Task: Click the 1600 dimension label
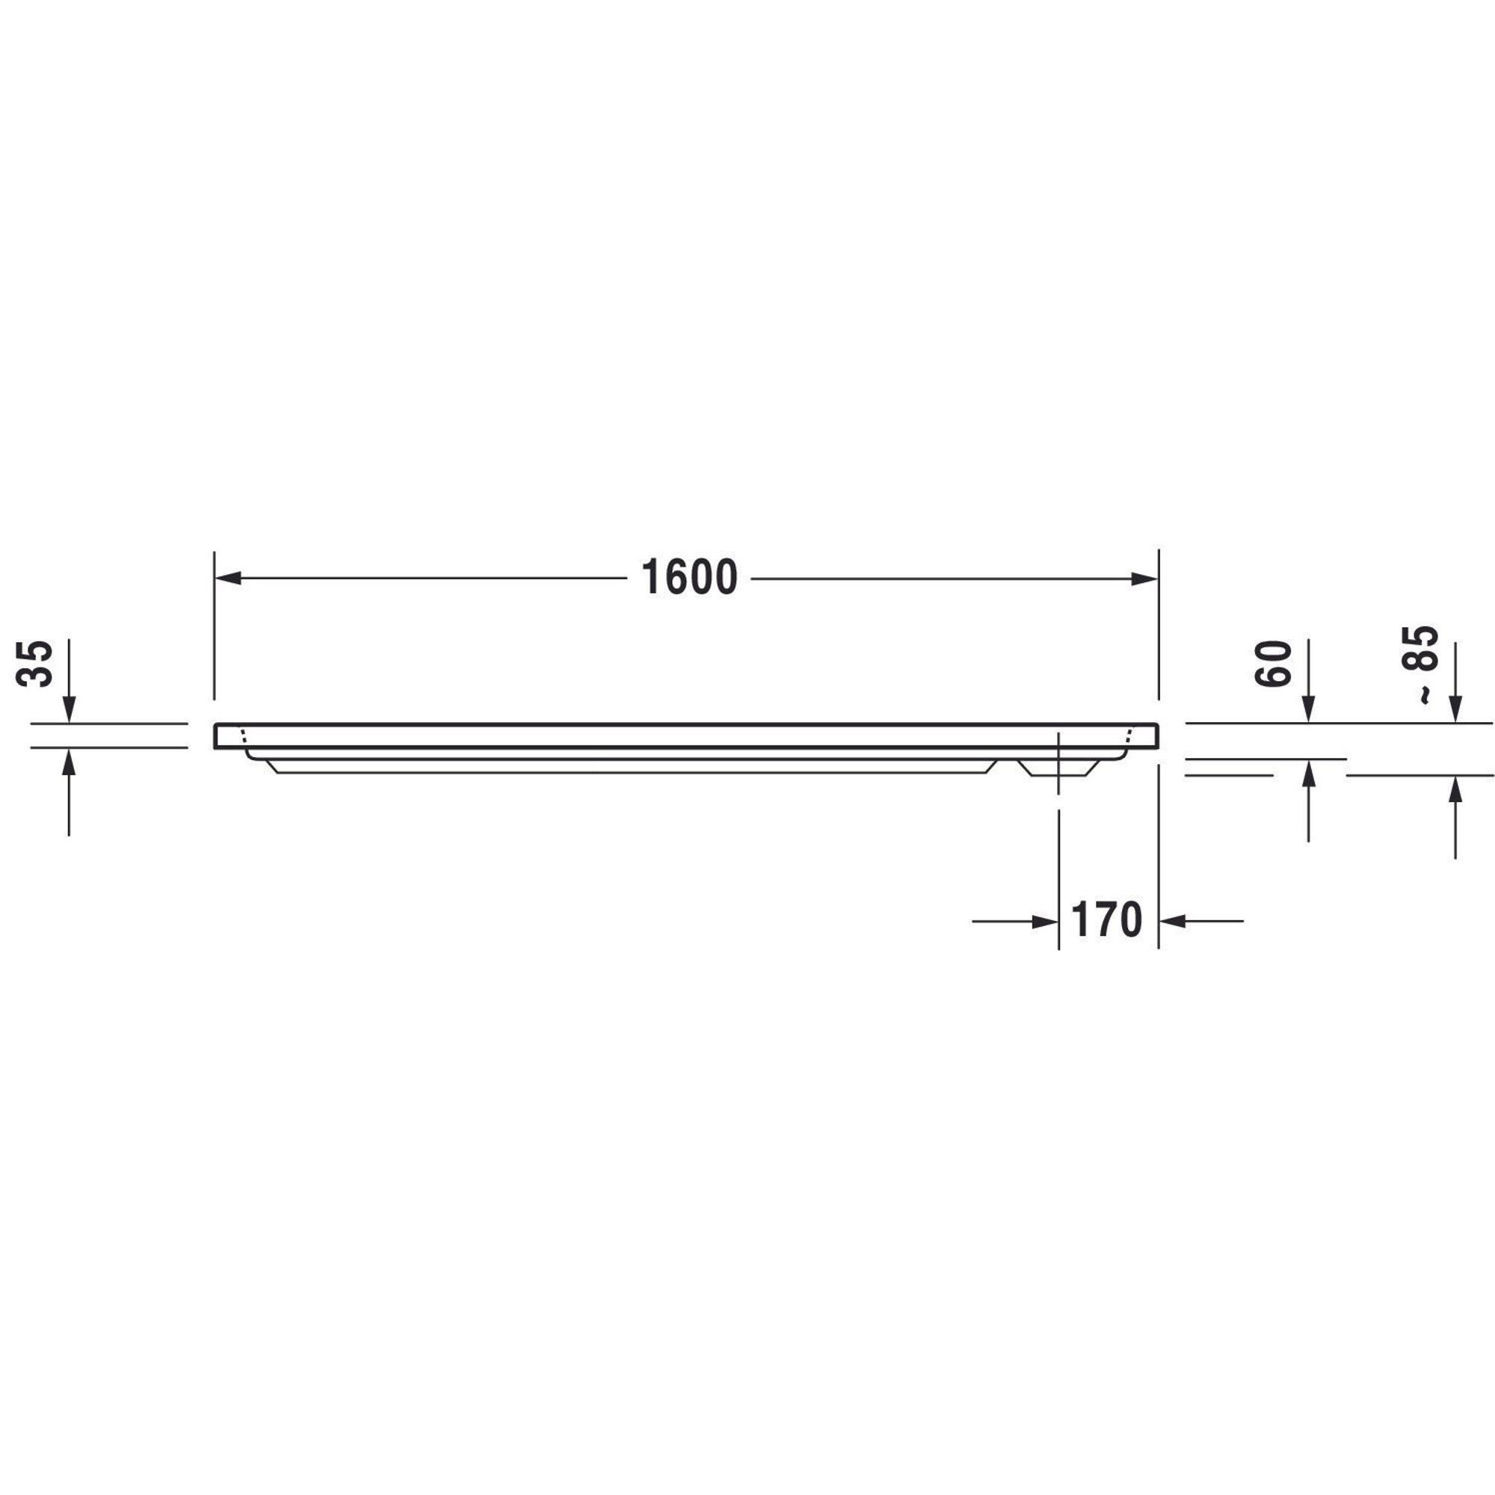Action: tap(689, 578)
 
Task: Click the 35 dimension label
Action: tap(36, 663)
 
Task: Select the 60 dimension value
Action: tap(1274, 663)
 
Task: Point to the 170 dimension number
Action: tap(1106, 920)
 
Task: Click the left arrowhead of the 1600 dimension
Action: tap(227, 578)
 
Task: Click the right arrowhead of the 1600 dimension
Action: tap(1144, 578)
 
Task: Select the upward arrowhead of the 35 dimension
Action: tap(69, 762)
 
